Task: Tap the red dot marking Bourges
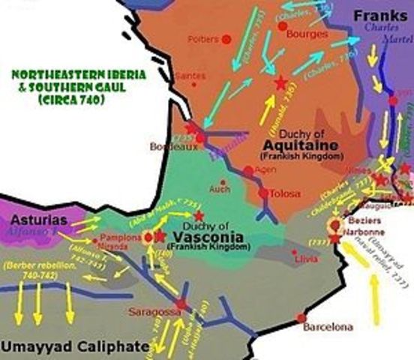[x=283, y=25]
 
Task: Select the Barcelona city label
[x=326, y=327]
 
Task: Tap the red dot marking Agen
[x=248, y=171]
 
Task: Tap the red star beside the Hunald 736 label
[x=280, y=83]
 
